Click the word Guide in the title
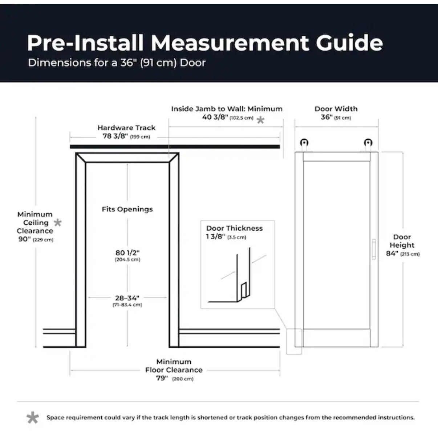(349, 43)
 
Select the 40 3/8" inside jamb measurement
(215, 117)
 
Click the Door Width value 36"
(327, 117)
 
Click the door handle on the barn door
(374, 249)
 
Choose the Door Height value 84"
(392, 254)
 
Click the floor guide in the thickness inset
(244, 290)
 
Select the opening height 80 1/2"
(127, 253)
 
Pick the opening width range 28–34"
(127, 298)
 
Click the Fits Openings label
(127, 209)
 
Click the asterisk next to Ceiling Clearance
(58, 223)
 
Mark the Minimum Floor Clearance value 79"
(162, 378)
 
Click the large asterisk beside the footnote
(33, 417)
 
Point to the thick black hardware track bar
(175, 147)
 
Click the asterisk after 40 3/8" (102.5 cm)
(261, 120)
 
